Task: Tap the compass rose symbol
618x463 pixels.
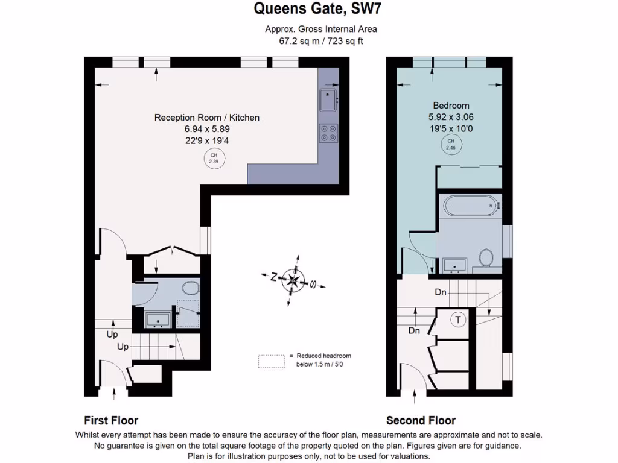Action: [x=293, y=280]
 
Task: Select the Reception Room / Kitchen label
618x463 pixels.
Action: [x=207, y=118]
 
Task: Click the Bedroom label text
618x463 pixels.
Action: [x=451, y=106]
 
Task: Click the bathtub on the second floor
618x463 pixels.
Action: [x=471, y=206]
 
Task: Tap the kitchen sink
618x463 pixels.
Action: [x=328, y=100]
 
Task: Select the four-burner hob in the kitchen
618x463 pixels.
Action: [x=329, y=133]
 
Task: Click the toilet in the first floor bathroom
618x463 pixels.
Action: [x=190, y=288]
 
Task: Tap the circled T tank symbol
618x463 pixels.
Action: [x=459, y=320]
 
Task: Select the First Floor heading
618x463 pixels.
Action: [x=111, y=420]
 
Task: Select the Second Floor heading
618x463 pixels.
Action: [x=421, y=420]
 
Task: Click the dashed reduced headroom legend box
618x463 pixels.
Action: [x=271, y=361]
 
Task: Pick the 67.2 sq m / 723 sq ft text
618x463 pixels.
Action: [x=320, y=41]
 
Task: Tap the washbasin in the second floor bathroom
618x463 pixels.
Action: [x=454, y=265]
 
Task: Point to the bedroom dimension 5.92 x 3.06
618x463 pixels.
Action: [x=451, y=117]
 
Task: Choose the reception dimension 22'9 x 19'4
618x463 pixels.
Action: [x=207, y=140]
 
